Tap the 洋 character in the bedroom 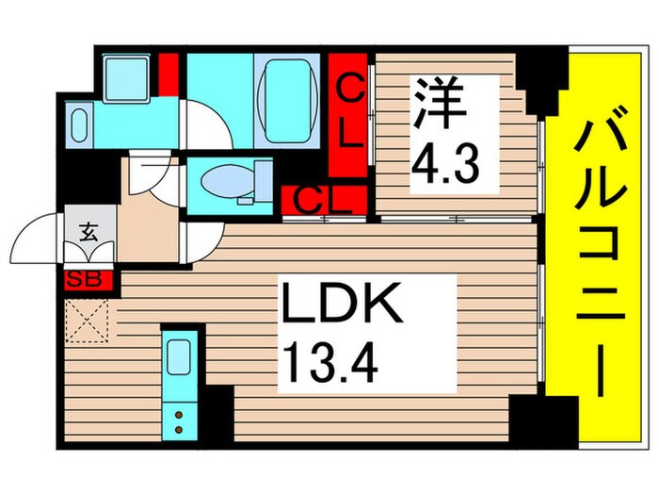pyautogui.click(x=440, y=104)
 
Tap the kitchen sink pyautogui.click(x=178, y=359)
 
